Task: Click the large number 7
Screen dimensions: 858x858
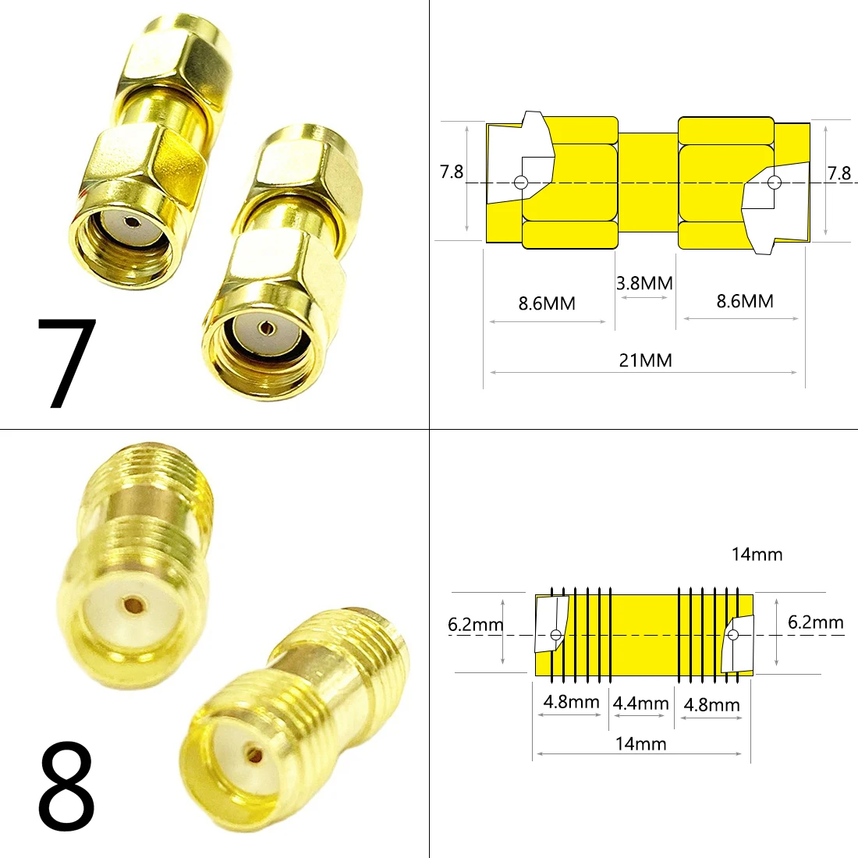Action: [x=66, y=363]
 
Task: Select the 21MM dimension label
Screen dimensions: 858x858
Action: [x=645, y=360]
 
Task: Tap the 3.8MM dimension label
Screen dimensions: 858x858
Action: [x=644, y=283]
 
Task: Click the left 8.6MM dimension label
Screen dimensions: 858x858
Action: [x=547, y=303]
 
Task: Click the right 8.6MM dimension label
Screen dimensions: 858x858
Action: [x=745, y=301]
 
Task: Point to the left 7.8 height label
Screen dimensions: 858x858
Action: [x=452, y=172]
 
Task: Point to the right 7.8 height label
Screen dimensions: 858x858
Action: [x=839, y=173]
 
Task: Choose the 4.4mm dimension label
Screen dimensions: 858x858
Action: [x=640, y=704]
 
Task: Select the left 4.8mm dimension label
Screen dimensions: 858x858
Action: [x=571, y=701]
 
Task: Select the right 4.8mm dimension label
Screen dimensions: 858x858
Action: [x=711, y=705]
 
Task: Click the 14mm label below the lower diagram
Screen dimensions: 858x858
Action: [x=640, y=743]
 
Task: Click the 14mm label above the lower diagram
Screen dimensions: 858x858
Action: [x=757, y=555]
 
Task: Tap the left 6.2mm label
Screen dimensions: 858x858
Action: [x=475, y=624]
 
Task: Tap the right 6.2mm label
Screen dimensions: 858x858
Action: [x=815, y=622]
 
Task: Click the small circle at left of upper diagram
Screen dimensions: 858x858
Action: [x=521, y=183]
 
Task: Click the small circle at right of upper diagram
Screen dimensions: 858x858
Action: [x=774, y=183]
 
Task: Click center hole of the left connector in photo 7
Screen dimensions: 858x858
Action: [x=129, y=222]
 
